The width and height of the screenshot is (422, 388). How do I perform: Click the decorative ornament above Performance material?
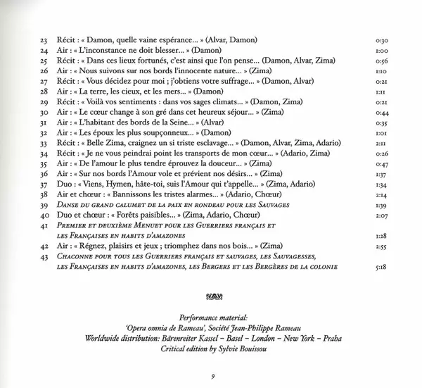pos(211,296)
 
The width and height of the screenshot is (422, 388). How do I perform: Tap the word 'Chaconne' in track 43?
pos(75,257)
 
